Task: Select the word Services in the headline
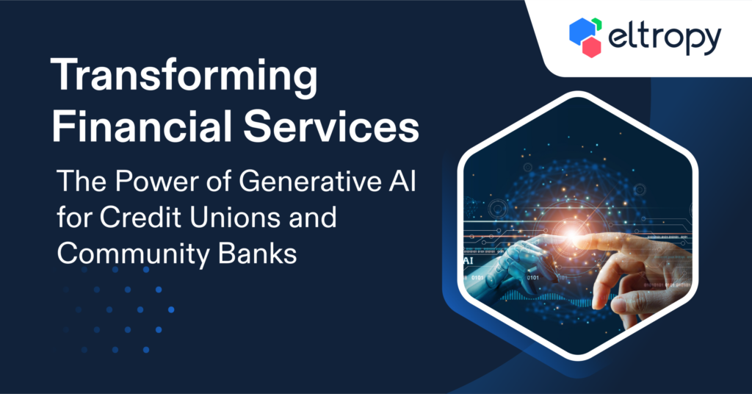pos(331,126)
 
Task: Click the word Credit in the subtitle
pos(141,217)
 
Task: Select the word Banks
pos(258,253)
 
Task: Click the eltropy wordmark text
pos(664,38)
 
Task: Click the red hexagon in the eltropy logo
pos(591,47)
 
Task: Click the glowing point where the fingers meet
pos(571,234)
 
